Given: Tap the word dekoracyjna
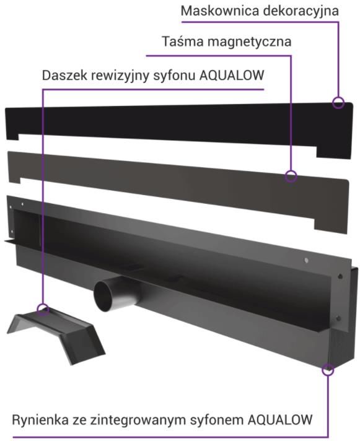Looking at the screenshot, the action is coord(301,12).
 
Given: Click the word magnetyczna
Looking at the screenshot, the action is coord(250,42).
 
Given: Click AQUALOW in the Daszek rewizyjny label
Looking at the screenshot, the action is coord(232,76).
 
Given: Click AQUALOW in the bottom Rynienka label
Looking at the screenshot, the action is coord(280,419).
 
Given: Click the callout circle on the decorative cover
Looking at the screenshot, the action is coord(338,103).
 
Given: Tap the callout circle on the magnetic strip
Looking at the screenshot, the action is coord(291,177).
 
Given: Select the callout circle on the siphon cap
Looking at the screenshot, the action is coord(43,309).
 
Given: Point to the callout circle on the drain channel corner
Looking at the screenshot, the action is coord(328,369).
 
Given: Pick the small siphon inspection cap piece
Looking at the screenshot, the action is coord(56,334).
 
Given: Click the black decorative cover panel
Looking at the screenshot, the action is coord(180,124).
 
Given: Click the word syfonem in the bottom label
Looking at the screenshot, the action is coord(216,421).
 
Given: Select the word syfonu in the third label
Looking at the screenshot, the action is coord(174,76).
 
